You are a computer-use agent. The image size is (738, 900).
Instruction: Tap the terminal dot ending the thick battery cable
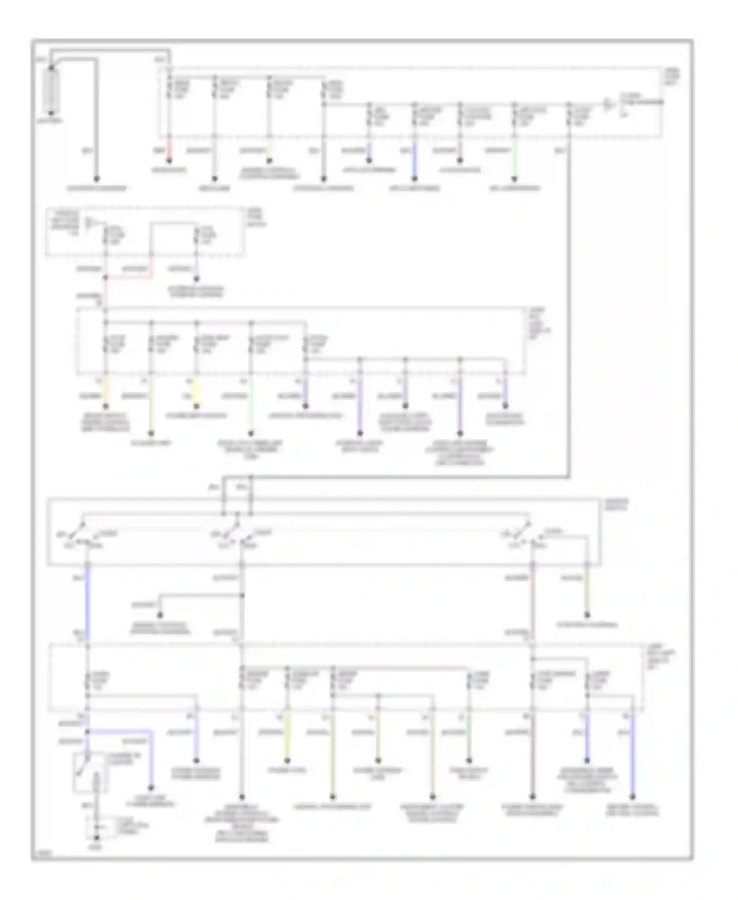(x=96, y=179)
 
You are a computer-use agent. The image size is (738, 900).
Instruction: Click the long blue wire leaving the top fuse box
(x=414, y=160)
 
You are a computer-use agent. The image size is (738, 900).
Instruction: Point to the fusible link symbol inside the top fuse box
(x=609, y=104)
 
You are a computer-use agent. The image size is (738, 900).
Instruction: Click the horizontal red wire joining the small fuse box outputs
(x=129, y=277)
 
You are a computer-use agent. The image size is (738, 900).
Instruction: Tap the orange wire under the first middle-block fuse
(x=105, y=391)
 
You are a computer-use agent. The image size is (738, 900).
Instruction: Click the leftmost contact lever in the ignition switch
(x=77, y=531)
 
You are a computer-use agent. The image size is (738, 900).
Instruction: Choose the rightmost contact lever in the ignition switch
(x=522, y=531)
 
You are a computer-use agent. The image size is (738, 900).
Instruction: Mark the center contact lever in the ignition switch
(x=231, y=531)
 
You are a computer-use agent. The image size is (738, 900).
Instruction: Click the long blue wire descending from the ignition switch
(x=88, y=603)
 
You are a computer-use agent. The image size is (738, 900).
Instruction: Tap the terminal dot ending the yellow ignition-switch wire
(x=587, y=615)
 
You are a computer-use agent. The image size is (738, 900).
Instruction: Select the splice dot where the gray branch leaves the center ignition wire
(x=242, y=595)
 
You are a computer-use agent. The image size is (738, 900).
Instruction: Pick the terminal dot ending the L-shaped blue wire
(x=151, y=788)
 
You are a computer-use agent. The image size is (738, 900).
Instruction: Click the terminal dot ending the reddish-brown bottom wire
(x=533, y=796)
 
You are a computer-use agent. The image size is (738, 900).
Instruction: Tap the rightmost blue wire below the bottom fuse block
(x=633, y=753)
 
